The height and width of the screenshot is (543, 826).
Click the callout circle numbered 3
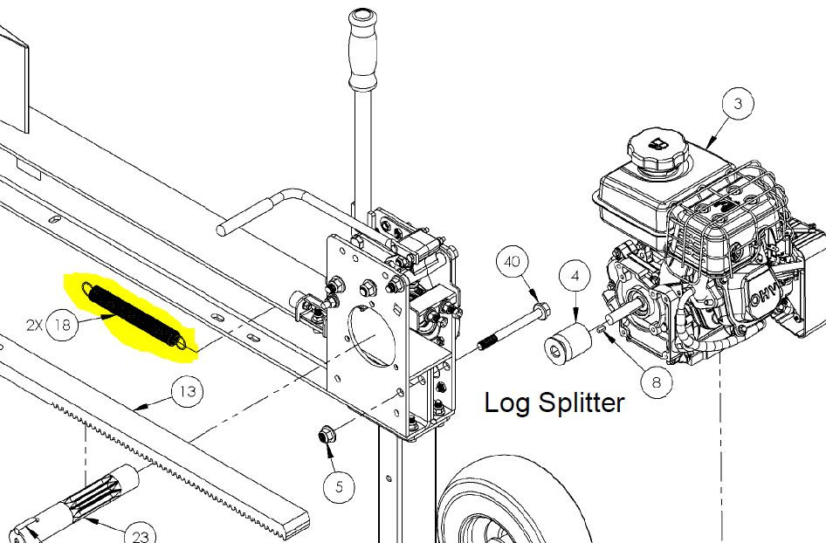[x=738, y=104]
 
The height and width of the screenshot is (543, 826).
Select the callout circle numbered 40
[x=513, y=262]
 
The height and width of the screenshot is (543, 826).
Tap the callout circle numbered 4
[x=575, y=276]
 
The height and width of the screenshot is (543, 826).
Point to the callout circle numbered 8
[x=657, y=381]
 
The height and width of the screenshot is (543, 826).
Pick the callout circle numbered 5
[x=339, y=487]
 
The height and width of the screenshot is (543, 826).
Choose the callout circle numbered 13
[x=188, y=392]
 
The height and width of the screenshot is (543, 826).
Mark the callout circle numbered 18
[x=63, y=325]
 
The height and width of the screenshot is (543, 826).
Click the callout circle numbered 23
[x=141, y=533]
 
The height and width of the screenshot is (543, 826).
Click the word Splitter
[x=582, y=404]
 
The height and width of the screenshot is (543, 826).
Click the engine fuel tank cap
[x=658, y=151]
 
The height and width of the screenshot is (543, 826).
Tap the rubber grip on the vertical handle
[x=363, y=49]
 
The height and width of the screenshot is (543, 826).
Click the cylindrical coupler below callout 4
[x=568, y=344]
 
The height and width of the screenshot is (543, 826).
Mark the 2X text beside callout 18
[x=34, y=326]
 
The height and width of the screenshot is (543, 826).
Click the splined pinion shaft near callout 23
[x=79, y=501]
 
